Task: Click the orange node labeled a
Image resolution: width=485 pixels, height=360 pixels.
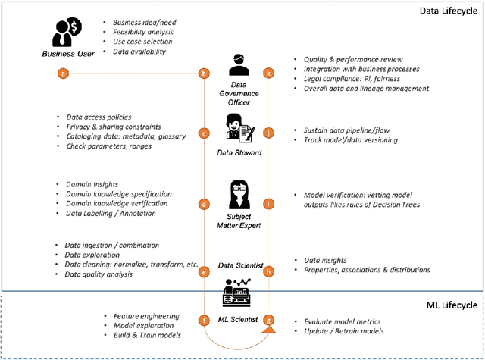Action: [63, 74]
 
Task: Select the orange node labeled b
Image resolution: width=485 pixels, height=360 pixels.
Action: [203, 74]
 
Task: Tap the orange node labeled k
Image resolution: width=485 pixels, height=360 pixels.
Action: [268, 74]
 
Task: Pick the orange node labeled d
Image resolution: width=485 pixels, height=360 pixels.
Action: [203, 204]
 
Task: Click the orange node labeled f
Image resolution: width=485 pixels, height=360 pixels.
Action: [203, 321]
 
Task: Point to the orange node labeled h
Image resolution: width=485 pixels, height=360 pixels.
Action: [268, 271]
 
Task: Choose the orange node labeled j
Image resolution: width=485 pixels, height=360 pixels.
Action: [268, 133]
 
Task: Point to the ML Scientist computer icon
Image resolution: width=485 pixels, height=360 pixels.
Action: [236, 290]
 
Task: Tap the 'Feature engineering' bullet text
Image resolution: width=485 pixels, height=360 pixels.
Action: [146, 315]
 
